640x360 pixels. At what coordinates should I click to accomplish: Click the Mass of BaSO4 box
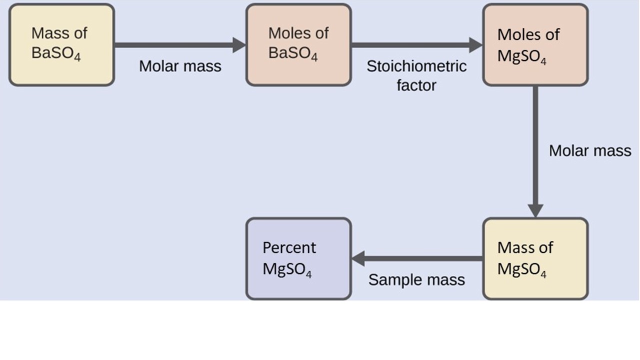click(x=61, y=45)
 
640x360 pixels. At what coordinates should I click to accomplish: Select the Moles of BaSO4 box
click(x=298, y=45)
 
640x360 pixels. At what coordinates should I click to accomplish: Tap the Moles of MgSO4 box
click(x=535, y=45)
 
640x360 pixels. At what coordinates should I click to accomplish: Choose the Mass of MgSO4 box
click(x=535, y=258)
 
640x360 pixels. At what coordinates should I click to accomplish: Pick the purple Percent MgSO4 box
click(x=298, y=258)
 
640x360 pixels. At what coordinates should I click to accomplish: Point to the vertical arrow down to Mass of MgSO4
click(x=535, y=150)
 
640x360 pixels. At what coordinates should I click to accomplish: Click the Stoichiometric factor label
click(x=416, y=75)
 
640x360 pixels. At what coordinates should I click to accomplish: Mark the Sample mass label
click(x=416, y=280)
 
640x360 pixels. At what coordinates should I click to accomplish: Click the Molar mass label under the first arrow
click(x=180, y=66)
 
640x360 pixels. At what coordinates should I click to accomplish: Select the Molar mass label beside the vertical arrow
click(x=590, y=150)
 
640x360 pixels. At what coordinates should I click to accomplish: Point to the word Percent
click(x=289, y=248)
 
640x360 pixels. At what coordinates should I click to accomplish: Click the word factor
click(x=416, y=85)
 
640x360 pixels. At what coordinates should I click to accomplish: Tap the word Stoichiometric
click(x=416, y=66)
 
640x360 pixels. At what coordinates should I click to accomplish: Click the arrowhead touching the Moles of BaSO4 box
click(x=239, y=45)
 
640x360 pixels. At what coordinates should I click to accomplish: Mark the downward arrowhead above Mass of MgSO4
click(x=535, y=210)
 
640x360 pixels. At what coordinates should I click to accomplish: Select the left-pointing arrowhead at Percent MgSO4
click(x=358, y=258)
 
